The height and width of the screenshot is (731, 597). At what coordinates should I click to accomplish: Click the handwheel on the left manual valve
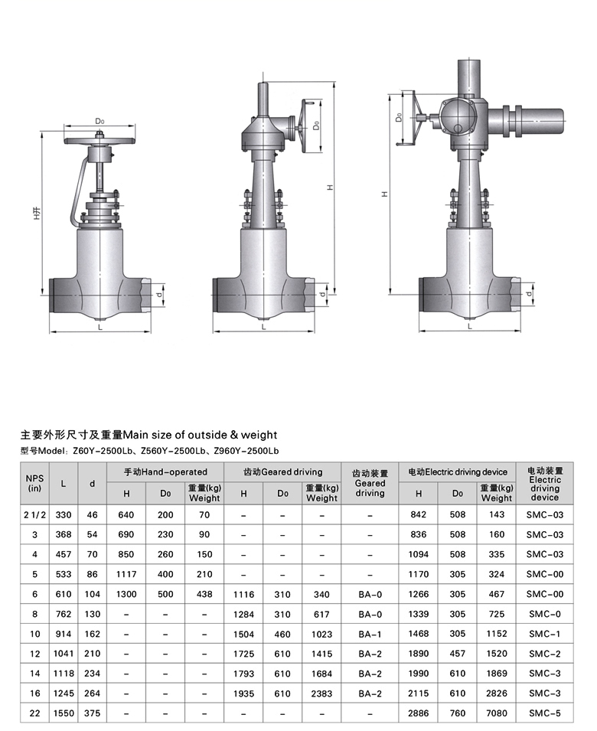[100, 141]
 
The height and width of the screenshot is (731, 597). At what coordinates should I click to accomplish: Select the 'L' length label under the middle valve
[264, 327]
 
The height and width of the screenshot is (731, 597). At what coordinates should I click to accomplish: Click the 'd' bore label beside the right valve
[528, 294]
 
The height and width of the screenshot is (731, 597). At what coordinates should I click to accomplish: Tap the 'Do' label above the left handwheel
[99, 121]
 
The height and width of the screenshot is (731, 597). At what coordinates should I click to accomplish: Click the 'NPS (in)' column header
[34, 483]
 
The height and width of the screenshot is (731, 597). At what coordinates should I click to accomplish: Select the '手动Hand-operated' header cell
[165, 472]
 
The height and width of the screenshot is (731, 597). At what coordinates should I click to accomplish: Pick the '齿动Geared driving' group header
[282, 472]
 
